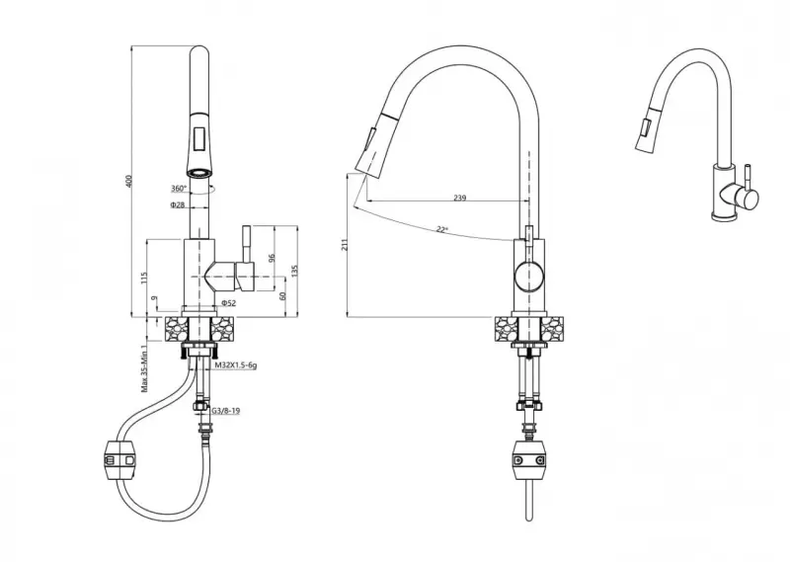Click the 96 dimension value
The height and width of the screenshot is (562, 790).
click(272, 259)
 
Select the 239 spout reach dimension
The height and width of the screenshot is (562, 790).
click(459, 199)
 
